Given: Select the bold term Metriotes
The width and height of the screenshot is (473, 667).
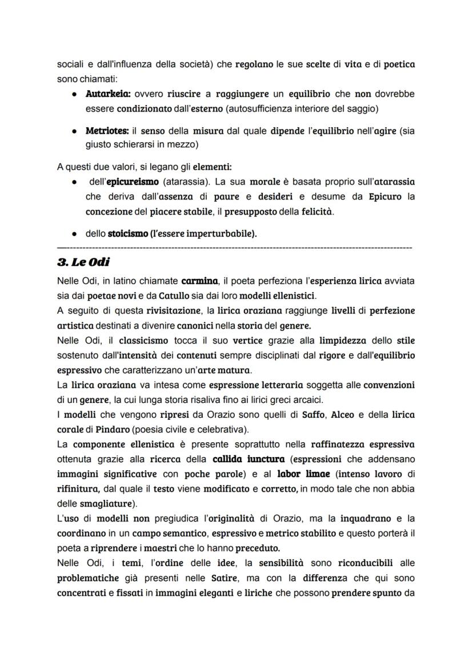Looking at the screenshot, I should (107, 131).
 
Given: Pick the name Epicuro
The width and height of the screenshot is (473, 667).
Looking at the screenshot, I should (370, 197).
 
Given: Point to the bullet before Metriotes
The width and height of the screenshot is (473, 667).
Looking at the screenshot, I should (75, 131).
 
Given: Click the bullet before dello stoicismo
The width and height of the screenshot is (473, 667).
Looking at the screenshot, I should (75, 233).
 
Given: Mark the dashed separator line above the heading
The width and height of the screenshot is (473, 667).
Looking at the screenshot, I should (234, 248).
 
